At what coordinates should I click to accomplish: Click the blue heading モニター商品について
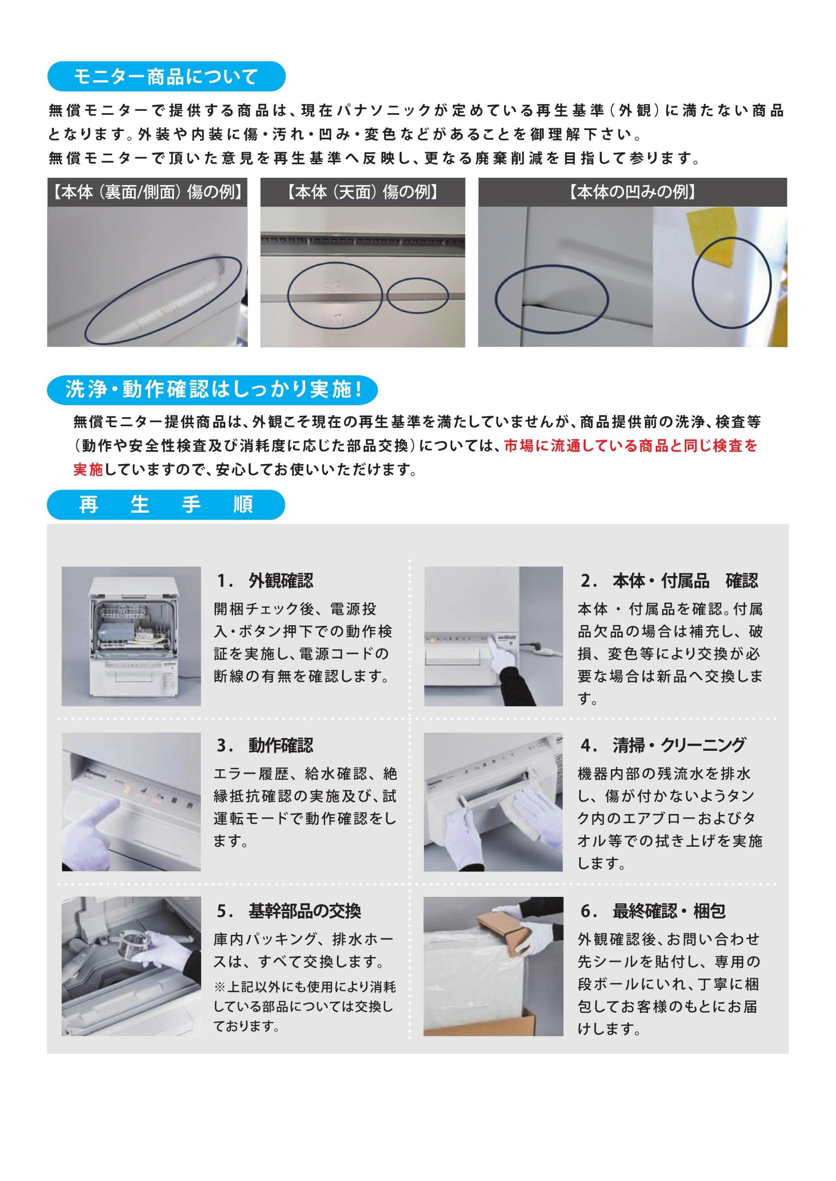tap(166, 76)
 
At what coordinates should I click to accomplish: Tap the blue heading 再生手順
tap(166, 505)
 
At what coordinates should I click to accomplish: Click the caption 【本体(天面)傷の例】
tap(362, 192)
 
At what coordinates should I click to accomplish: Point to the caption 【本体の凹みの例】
tap(633, 192)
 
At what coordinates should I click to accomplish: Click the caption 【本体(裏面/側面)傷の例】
tap(147, 192)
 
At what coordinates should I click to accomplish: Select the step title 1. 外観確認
tap(264, 580)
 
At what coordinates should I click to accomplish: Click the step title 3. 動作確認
tap(264, 745)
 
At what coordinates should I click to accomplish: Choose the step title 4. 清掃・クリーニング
tap(663, 745)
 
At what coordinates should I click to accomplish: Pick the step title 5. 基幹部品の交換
tap(288, 910)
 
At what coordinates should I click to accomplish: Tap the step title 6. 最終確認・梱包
tap(653, 910)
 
